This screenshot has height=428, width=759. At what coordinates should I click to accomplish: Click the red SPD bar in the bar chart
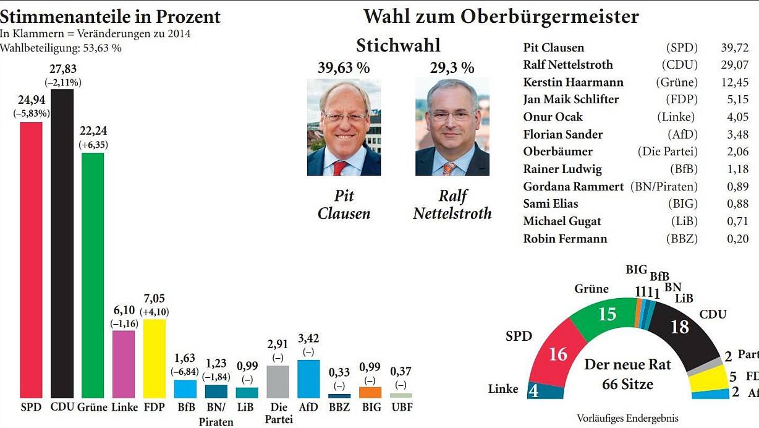(x=31, y=260)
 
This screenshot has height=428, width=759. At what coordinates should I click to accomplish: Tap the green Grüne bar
(x=93, y=275)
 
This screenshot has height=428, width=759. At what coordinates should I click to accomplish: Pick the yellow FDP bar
(x=154, y=359)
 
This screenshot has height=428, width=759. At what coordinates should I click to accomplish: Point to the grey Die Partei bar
(x=278, y=382)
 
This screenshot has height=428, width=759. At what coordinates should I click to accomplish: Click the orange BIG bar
(x=370, y=392)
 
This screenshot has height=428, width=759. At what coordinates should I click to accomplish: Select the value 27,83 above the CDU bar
(x=63, y=69)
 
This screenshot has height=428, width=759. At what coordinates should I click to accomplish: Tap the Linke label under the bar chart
(x=125, y=408)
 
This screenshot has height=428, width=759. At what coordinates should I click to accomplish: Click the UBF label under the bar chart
(x=401, y=408)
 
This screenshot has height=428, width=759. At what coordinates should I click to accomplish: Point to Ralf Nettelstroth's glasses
(x=452, y=116)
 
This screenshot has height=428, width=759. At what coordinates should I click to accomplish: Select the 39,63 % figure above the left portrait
(x=344, y=68)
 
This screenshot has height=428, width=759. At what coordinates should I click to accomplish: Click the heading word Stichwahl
(x=398, y=45)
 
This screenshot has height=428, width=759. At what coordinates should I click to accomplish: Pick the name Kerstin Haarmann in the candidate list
(x=573, y=82)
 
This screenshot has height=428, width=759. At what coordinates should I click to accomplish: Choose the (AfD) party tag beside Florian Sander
(x=682, y=134)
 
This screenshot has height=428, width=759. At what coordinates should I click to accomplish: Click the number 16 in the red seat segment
(x=558, y=354)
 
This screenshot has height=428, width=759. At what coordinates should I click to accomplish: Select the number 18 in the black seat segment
(x=680, y=327)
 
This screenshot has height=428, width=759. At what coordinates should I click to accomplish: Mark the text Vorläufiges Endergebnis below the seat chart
(x=627, y=418)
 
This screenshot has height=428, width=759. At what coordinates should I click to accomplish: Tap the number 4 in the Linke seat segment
(x=533, y=392)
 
